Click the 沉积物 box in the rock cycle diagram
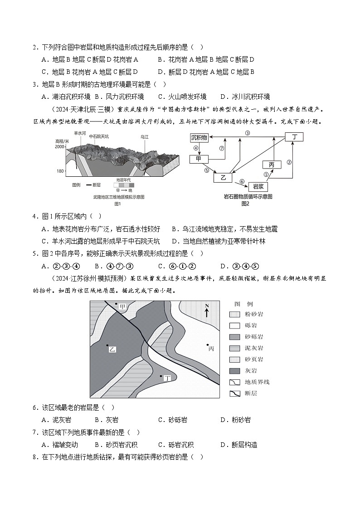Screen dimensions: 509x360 click(x=199, y=137)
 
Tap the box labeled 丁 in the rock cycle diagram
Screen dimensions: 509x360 click(x=294, y=137)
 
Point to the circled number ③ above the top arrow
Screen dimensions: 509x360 click(x=248, y=133)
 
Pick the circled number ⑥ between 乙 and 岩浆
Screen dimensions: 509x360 click(x=242, y=181)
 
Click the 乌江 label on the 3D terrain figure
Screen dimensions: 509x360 click(x=145, y=136)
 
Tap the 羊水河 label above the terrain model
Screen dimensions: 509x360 click(x=80, y=133)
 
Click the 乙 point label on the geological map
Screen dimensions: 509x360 click(x=112, y=349)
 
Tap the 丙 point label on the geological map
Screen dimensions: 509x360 click(x=211, y=349)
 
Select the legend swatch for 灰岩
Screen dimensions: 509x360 click(x=234, y=371)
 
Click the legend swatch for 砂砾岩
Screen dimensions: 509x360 click(x=234, y=337)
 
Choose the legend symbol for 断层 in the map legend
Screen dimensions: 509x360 click(x=234, y=393)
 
